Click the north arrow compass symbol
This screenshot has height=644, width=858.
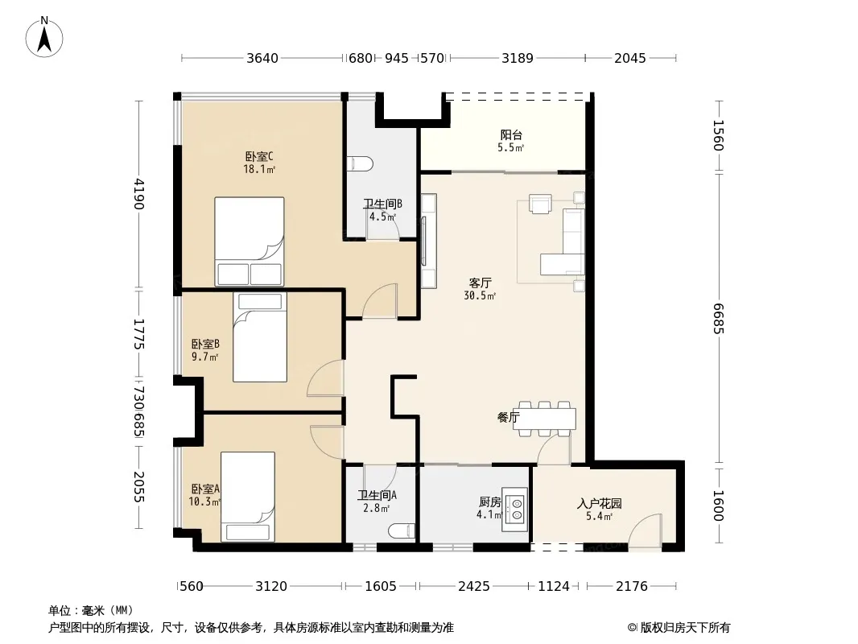[44, 37]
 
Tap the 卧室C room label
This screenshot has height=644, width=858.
[259, 156]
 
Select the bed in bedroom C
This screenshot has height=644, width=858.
[249, 242]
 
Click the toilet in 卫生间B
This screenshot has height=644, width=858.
[361, 163]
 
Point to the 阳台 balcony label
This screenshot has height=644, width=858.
[511, 134]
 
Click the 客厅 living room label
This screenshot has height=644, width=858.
[480, 283]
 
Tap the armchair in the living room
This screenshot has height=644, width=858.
[540, 204]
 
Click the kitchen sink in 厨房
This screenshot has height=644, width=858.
[515, 509]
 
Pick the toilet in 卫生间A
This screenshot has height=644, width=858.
[402, 530]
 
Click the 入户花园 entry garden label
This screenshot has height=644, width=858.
[599, 503]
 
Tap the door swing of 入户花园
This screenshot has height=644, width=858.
[645, 529]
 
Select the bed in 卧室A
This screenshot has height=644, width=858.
[248, 497]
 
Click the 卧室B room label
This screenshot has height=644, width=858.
[205, 345]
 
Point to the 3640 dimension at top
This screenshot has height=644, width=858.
[262, 58]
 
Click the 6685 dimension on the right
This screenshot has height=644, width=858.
[719, 319]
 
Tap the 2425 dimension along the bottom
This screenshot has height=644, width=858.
[474, 586]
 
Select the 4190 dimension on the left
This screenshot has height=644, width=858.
[138, 194]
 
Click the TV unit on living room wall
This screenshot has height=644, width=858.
[428, 241]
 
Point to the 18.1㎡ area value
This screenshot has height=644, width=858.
[259, 170]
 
